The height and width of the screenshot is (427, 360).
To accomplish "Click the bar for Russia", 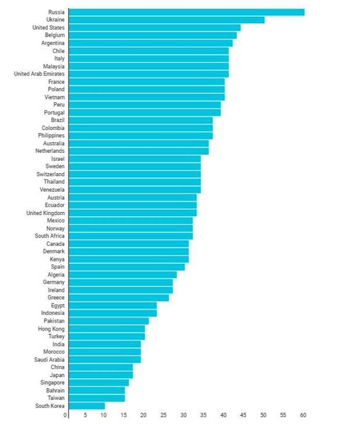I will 186,12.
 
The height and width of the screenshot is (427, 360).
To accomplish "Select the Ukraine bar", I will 166,20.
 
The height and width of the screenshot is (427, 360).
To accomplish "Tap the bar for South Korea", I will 87,406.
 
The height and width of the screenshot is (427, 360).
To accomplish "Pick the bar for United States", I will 154,27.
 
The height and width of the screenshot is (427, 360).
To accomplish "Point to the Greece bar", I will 118,297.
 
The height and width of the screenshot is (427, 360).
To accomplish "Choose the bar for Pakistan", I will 109,321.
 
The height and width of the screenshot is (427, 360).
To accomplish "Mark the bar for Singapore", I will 99,383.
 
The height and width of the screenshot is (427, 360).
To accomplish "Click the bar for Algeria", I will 123,274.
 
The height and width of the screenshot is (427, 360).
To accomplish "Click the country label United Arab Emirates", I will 39,74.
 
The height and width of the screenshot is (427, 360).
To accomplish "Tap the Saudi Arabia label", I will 49,360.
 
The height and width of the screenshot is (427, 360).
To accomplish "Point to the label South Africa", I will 50,236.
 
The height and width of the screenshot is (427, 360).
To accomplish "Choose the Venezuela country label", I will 52,189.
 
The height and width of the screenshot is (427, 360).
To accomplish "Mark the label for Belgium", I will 55,35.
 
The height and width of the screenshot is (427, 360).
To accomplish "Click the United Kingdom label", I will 46,213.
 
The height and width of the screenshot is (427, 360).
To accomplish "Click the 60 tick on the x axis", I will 303,415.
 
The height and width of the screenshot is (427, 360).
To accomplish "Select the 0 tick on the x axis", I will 66,415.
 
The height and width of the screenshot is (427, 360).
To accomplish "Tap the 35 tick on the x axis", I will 204,415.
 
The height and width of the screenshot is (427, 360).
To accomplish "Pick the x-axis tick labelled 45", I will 243,415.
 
